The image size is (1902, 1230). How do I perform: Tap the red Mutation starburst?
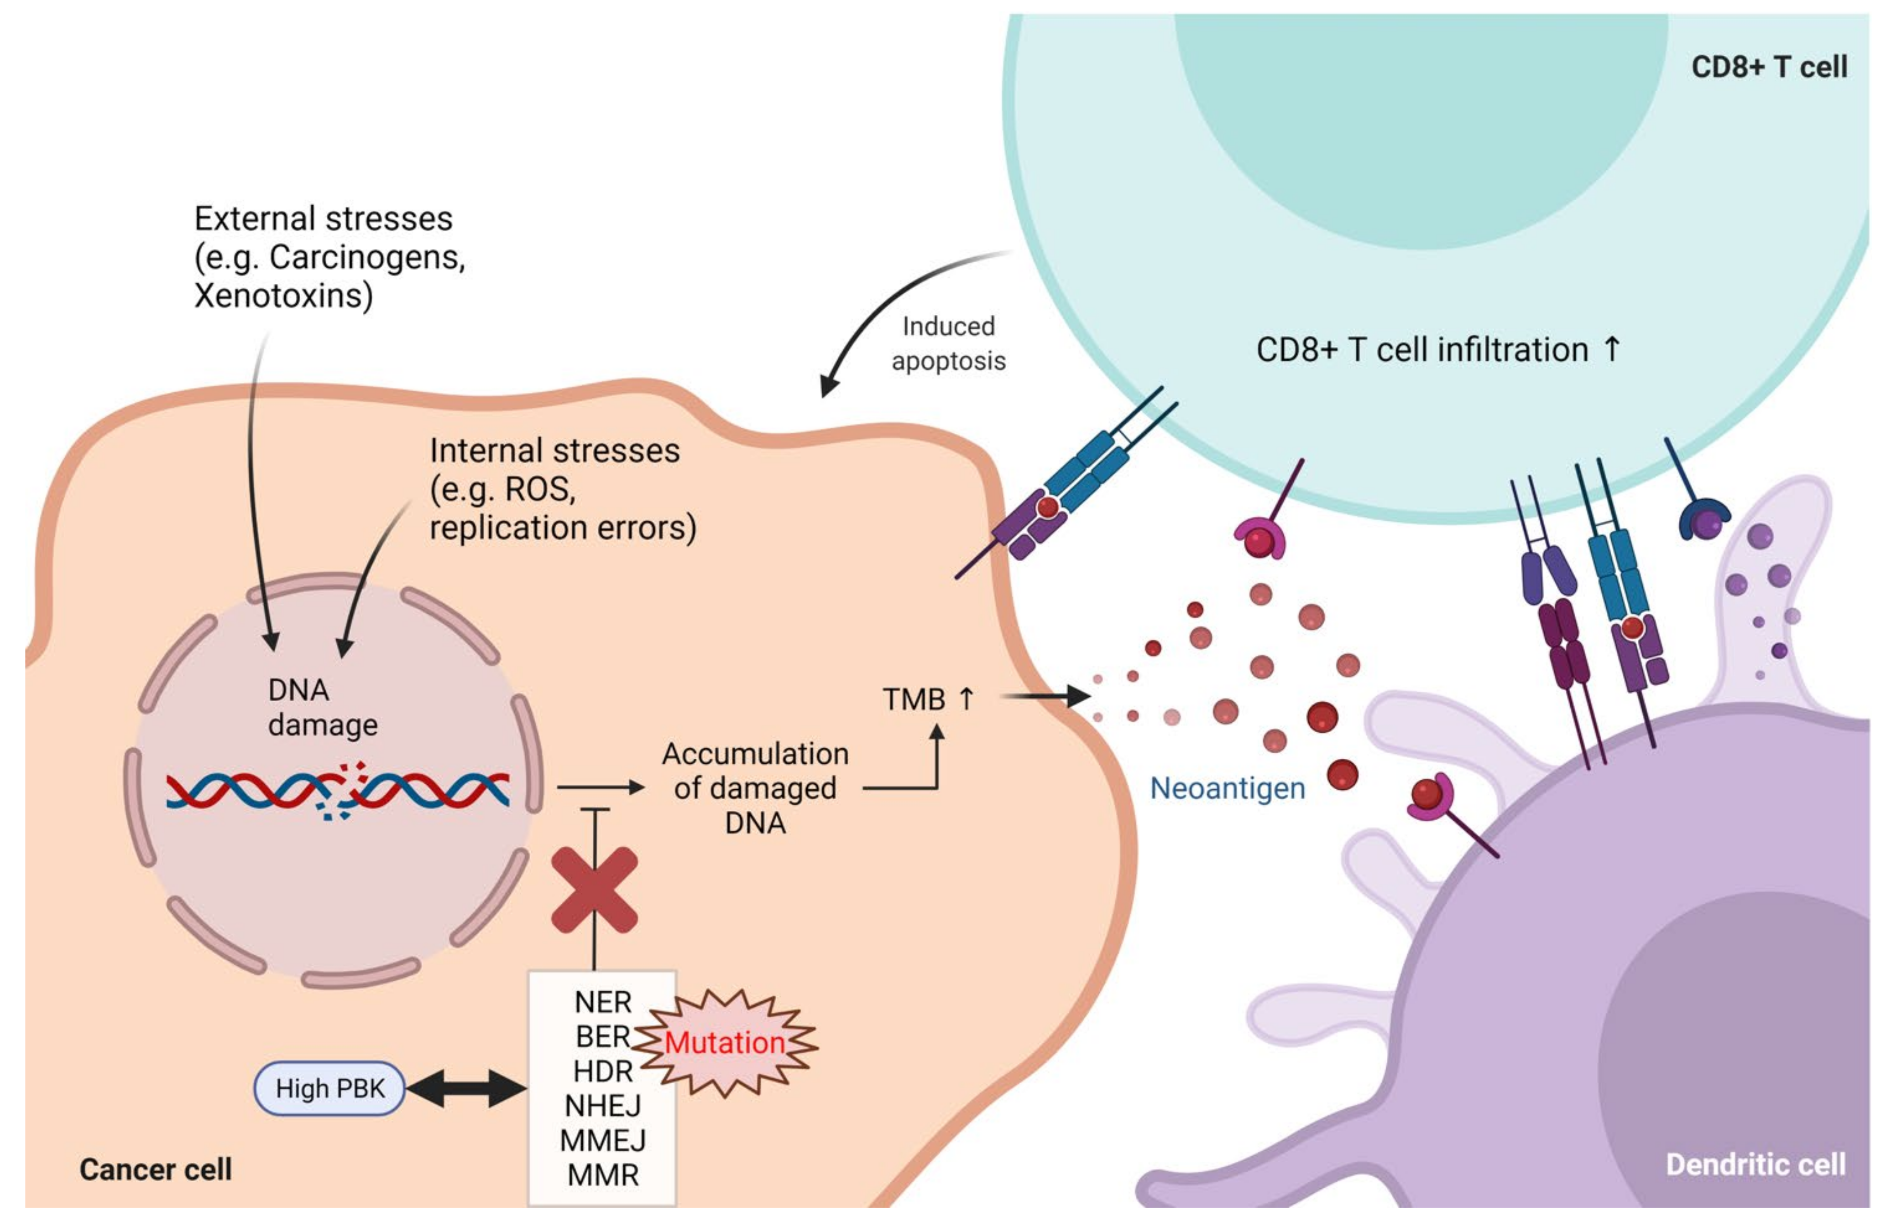725,1042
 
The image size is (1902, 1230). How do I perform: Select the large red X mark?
594,890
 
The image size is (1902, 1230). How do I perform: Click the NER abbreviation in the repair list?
603,1001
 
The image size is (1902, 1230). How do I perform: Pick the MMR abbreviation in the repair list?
603,1175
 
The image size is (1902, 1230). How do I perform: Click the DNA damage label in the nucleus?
322,707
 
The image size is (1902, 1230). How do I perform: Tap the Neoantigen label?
1227,788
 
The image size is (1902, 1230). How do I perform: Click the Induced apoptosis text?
948,344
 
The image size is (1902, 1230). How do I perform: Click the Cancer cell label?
156,1169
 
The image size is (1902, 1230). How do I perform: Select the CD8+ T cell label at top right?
1769,66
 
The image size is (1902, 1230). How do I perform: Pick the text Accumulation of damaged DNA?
755,788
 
